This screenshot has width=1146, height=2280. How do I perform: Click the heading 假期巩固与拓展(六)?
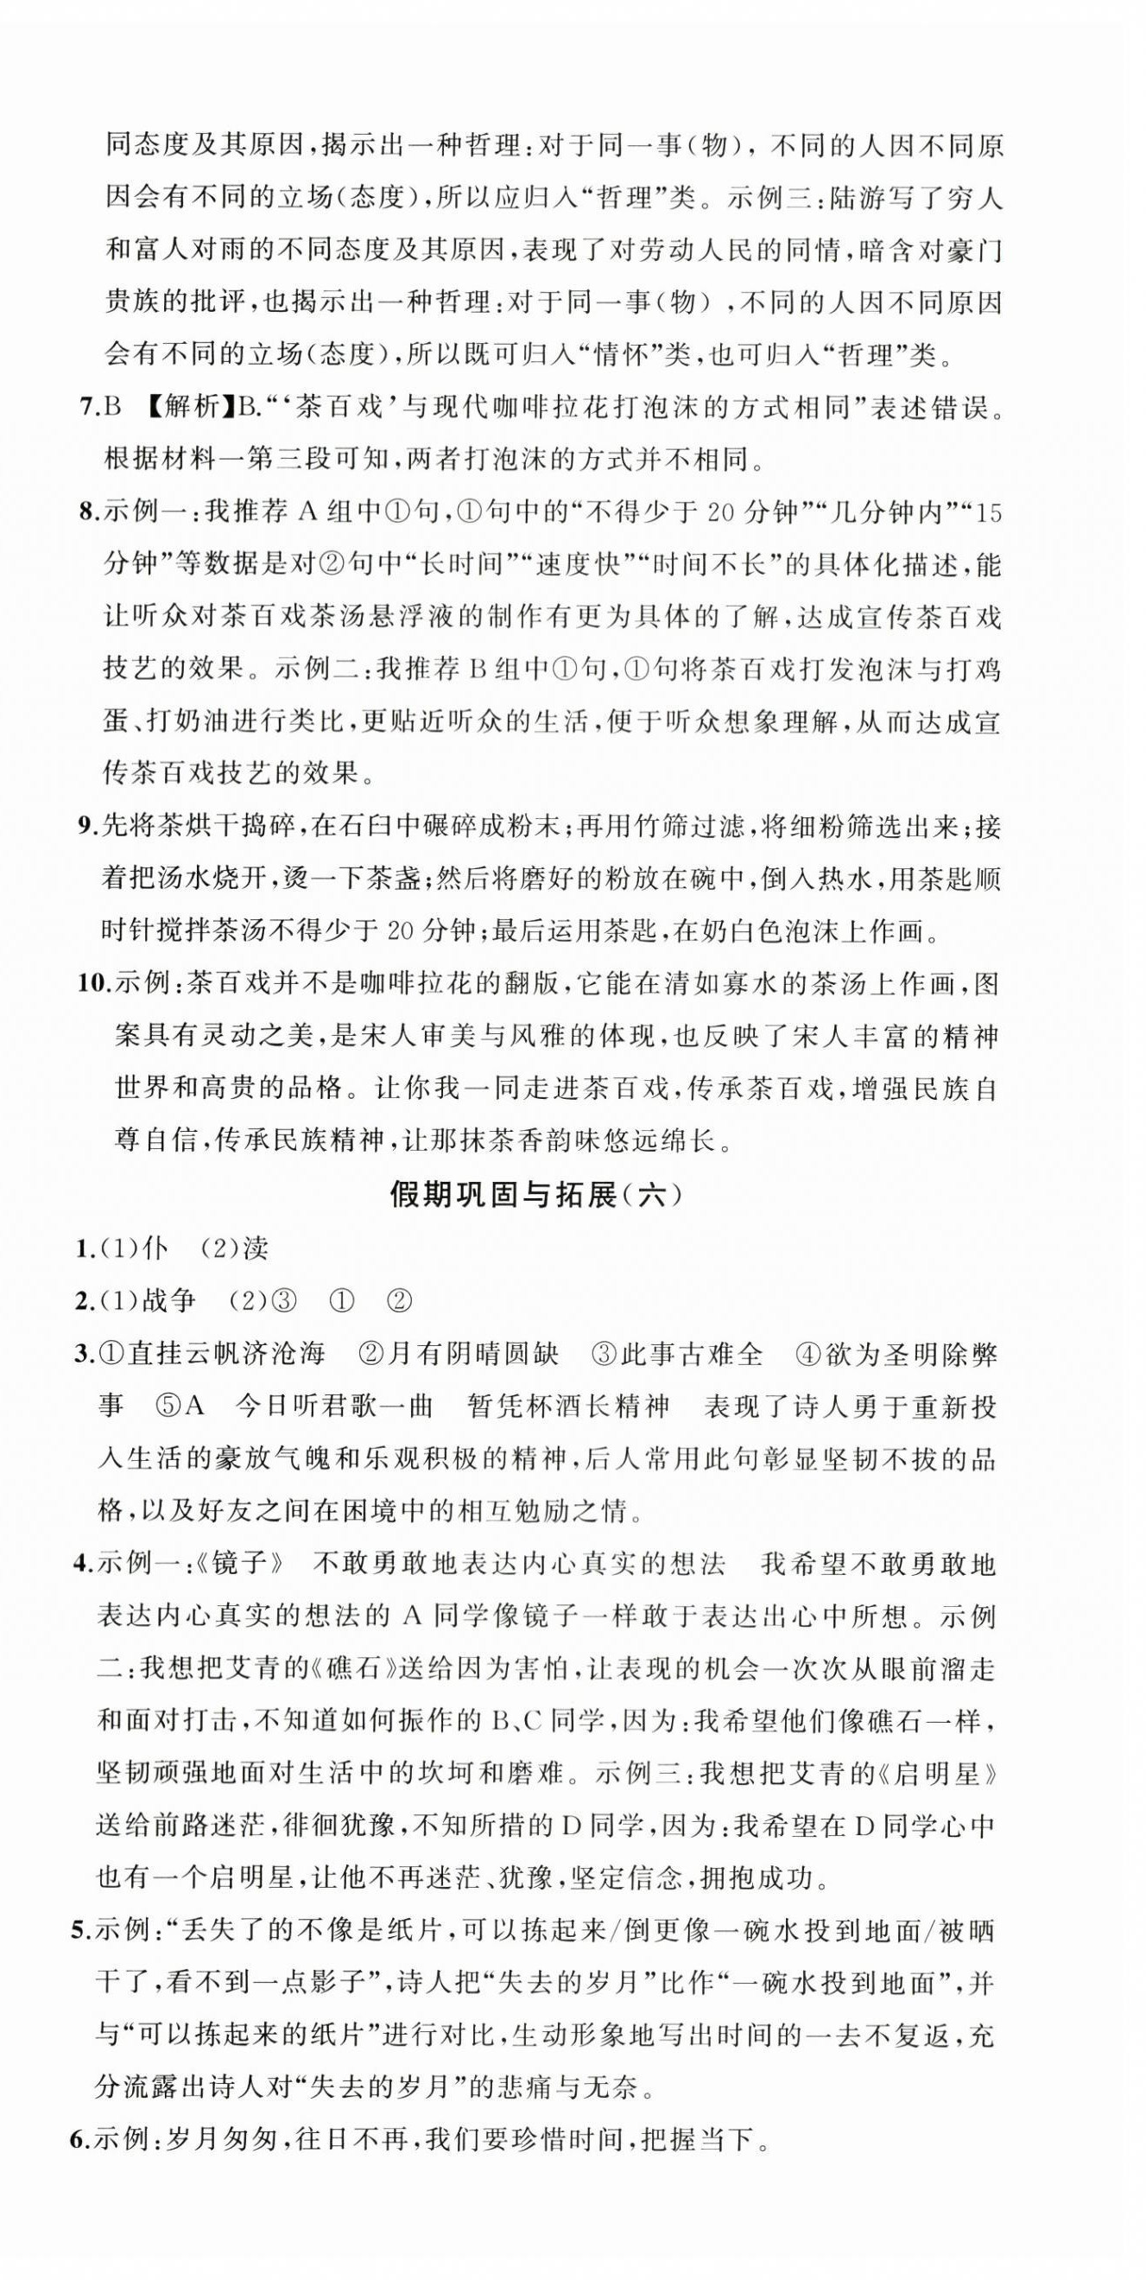pyautogui.click(x=537, y=1196)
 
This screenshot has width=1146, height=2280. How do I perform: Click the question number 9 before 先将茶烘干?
pyautogui.click(x=85, y=827)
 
